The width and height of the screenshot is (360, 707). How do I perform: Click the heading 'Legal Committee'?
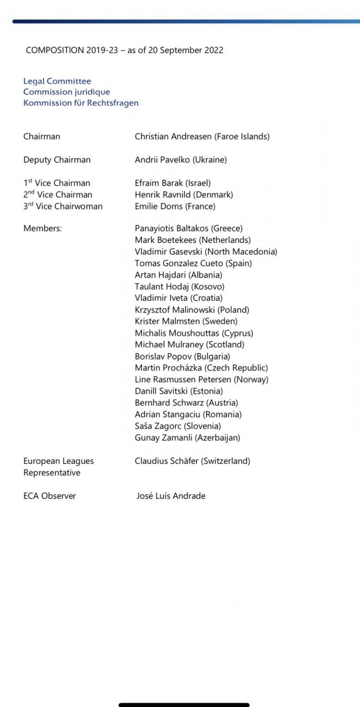click(x=57, y=81)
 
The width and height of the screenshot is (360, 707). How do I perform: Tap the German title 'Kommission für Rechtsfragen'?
click(x=81, y=103)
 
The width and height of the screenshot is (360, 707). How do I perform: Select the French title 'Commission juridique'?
click(x=67, y=92)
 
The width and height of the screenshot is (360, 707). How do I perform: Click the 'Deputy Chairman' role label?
click(x=57, y=160)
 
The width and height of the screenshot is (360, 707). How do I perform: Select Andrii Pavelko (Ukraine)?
click(x=180, y=160)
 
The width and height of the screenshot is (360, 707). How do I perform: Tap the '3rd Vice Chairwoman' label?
click(x=63, y=207)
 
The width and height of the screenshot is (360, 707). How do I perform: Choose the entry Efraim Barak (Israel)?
click(x=173, y=183)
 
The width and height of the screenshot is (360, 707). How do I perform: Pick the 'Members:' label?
click(x=42, y=228)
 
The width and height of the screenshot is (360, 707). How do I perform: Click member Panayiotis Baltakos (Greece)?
click(x=188, y=228)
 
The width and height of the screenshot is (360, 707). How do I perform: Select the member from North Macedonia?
click(x=206, y=252)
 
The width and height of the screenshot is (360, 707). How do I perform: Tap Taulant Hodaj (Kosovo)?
click(x=173, y=287)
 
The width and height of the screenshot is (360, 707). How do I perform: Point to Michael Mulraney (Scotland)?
click(x=189, y=345)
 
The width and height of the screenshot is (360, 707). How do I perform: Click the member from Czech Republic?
click(x=201, y=368)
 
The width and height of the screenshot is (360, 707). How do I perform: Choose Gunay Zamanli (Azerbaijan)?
click(x=187, y=438)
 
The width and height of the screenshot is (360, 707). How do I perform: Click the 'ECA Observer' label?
click(x=50, y=496)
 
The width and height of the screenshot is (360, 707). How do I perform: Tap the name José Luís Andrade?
click(x=171, y=496)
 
